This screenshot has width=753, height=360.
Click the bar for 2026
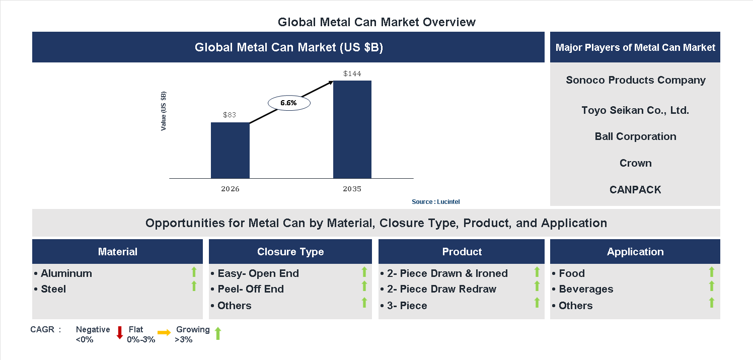(230, 150)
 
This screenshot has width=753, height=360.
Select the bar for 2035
(352, 129)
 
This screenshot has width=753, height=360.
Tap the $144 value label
(352, 74)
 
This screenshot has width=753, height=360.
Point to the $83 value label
(230, 115)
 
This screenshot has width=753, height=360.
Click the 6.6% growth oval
(289, 103)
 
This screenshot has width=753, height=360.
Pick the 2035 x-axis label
(352, 189)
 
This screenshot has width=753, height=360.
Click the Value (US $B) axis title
(164, 111)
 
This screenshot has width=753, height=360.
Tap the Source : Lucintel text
(435, 202)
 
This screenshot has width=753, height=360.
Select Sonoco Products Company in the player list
(636, 80)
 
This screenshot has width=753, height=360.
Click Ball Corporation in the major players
(635, 136)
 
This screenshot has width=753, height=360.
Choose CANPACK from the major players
(635, 190)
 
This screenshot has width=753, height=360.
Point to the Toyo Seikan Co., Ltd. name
(635, 110)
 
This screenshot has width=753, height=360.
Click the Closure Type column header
(290, 252)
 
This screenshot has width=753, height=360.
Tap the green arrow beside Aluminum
(194, 272)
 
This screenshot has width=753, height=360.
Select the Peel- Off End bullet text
(250, 289)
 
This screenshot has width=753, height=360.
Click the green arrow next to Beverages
(711, 286)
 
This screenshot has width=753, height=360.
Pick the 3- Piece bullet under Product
(407, 306)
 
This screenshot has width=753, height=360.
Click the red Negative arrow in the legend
(120, 333)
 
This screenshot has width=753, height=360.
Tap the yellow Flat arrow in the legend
(164, 333)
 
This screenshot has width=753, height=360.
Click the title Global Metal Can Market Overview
(376, 22)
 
